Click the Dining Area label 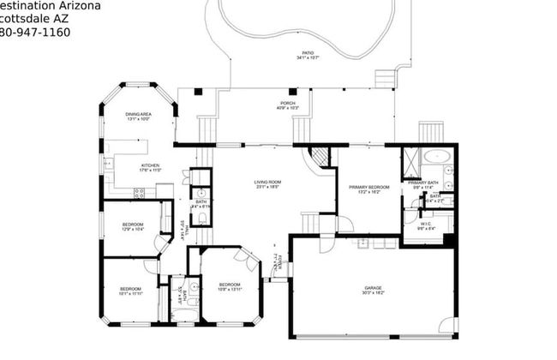pos(139,117)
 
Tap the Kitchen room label pos(127,167)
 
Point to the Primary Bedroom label pos(369,189)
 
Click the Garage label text pos(373,291)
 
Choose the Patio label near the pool pos(308,55)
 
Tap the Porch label pos(265,105)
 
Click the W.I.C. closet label pos(425,226)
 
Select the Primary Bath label pos(424,184)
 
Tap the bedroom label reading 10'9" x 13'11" pos(229,287)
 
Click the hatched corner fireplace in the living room pos(319,157)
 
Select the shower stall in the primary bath pos(411,160)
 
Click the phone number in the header pos(34,33)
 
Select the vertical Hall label pos(183,229)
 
